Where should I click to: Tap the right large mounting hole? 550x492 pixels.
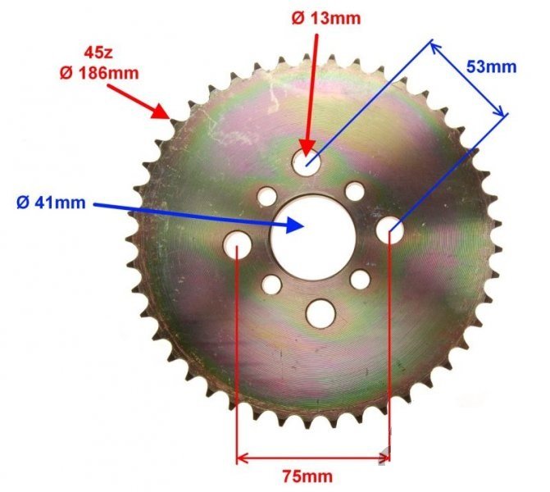point(389,233)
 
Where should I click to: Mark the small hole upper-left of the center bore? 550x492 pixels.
point(267,197)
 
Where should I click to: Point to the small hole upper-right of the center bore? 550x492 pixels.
point(354,191)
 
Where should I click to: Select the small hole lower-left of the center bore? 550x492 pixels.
point(271,285)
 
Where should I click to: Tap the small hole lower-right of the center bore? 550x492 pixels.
point(360,279)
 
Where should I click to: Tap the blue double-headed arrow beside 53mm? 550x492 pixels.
point(469,77)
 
